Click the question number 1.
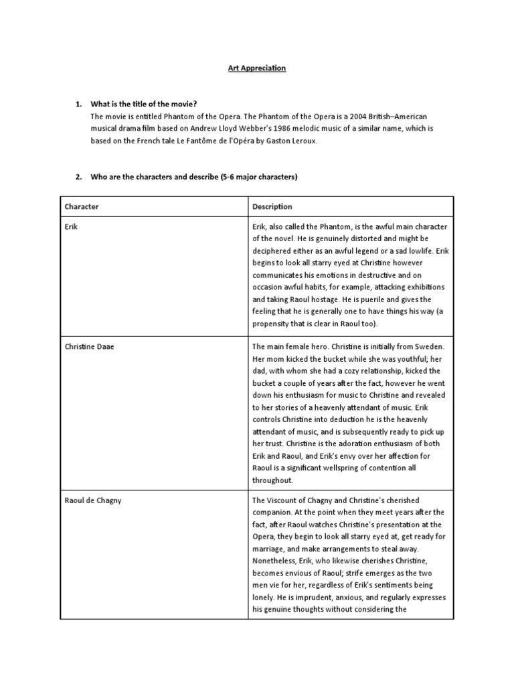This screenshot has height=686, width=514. [78, 104]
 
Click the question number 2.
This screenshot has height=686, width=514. [78, 177]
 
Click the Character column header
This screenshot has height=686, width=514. [82, 207]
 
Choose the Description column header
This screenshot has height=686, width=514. [272, 207]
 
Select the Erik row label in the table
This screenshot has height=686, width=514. [71, 227]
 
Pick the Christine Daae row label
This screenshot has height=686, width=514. [90, 347]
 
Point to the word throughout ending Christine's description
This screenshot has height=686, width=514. [273, 480]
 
